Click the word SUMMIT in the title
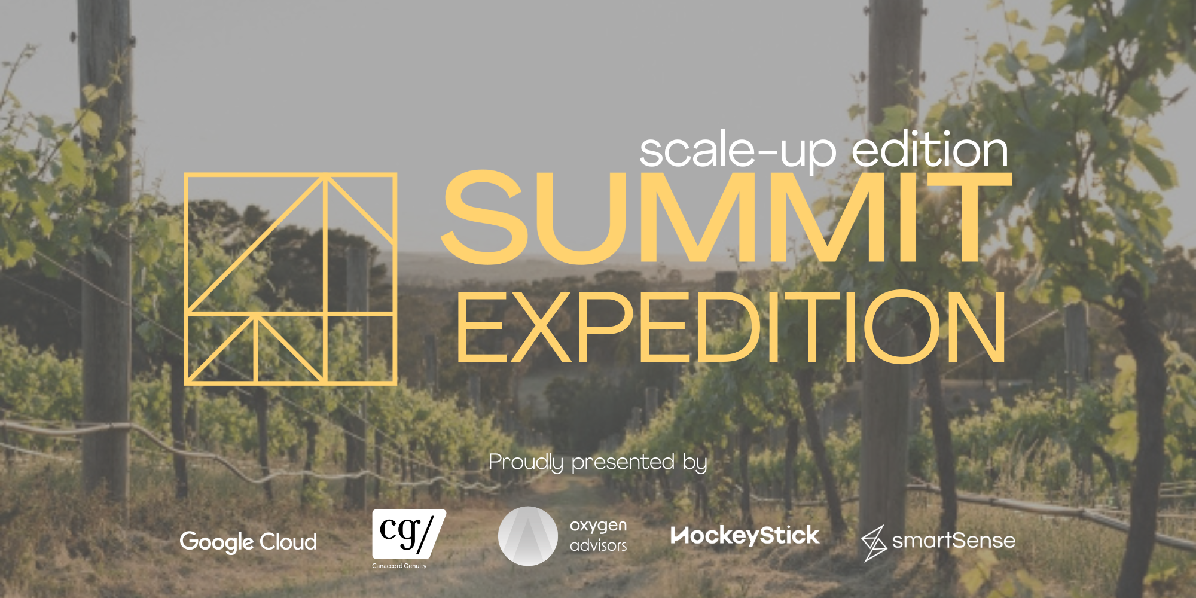point(727,218)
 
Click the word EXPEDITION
point(731,328)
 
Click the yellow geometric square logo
point(291,279)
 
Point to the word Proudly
point(526,462)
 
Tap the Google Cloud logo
point(248,542)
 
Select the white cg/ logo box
point(408,533)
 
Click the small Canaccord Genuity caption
point(399,566)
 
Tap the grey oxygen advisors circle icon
point(527,536)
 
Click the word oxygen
point(598,526)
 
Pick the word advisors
point(598,545)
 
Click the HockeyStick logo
point(745,536)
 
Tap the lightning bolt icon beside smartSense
point(874,543)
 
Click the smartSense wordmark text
point(953,541)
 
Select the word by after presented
point(695,462)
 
